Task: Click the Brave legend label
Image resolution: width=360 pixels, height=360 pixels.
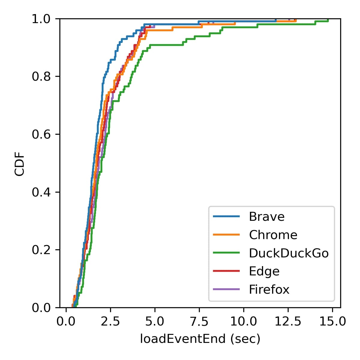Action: pos(266,217)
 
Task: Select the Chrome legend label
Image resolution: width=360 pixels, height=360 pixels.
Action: pos(273,235)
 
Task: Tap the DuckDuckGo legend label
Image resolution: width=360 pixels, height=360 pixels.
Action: pos(289,253)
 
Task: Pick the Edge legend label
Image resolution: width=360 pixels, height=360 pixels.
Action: pos(264,271)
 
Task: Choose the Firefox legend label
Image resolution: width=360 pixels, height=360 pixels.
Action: pos(269,289)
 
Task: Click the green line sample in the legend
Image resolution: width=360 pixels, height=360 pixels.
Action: pos(226,253)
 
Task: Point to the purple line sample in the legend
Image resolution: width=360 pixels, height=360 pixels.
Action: pos(226,289)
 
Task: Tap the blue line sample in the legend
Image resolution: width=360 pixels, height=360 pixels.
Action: pos(226,216)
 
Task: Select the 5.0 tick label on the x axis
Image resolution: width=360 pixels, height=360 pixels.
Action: pos(155,322)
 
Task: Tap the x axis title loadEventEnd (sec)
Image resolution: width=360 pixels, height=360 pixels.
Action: pos(200,339)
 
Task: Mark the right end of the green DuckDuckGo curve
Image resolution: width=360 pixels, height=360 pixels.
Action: pos(328,20)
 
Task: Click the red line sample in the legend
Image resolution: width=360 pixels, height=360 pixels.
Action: pos(226,271)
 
